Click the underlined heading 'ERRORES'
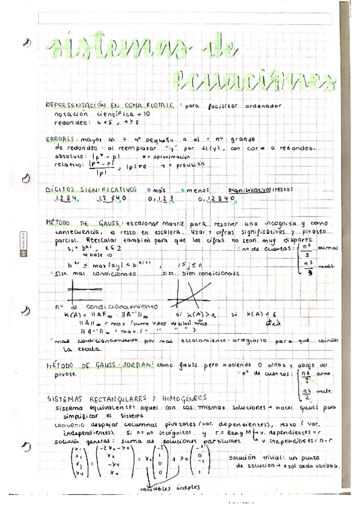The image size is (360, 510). coord(62,138)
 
